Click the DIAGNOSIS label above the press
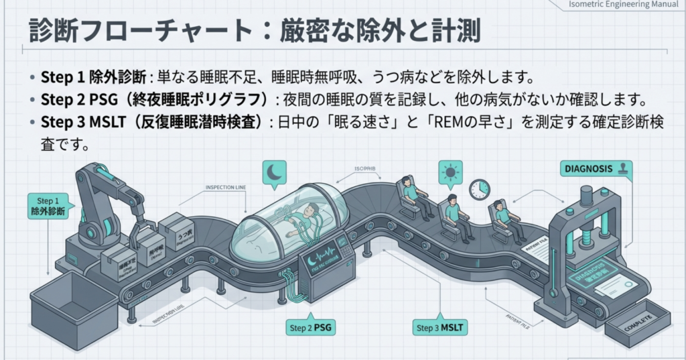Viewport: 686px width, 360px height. tap(586, 169)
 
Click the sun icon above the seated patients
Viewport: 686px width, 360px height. tap(451, 172)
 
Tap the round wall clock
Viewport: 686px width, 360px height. tap(480, 189)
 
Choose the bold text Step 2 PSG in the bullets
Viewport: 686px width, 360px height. tap(70, 100)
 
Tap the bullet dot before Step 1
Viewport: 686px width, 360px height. tap(33, 76)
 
